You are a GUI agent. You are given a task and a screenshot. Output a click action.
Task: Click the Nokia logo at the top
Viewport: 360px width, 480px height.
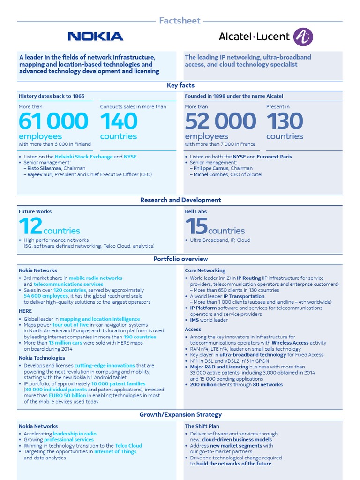click(95, 37)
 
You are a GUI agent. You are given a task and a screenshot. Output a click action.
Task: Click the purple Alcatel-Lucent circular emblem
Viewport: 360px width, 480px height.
click(303, 37)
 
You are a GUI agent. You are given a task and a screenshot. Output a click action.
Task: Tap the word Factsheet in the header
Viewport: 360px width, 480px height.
click(180, 21)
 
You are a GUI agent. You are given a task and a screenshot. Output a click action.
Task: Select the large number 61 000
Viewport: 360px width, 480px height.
click(53, 121)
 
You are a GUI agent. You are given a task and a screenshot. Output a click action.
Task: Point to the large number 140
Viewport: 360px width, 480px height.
click(119, 121)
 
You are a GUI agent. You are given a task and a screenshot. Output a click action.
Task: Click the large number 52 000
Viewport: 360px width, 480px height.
click(220, 121)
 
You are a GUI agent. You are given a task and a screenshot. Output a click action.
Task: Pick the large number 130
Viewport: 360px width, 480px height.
click(285, 121)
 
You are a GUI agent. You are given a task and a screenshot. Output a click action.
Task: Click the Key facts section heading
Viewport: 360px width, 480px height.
click(180, 85)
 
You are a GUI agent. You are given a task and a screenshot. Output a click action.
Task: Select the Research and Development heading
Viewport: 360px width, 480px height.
click(180, 200)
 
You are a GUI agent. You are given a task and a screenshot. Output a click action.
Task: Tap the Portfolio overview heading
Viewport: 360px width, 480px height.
click(180, 259)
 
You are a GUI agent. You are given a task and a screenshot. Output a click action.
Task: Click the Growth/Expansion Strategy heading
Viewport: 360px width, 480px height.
click(180, 415)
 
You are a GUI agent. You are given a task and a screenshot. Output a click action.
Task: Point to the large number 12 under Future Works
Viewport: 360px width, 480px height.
click(30, 227)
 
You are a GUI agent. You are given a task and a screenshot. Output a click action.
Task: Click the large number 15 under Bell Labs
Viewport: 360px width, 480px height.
click(196, 227)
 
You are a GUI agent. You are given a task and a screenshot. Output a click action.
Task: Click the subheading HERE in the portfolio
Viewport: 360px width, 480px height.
click(25, 311)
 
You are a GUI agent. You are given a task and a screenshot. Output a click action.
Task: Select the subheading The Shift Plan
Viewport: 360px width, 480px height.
click(202, 426)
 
